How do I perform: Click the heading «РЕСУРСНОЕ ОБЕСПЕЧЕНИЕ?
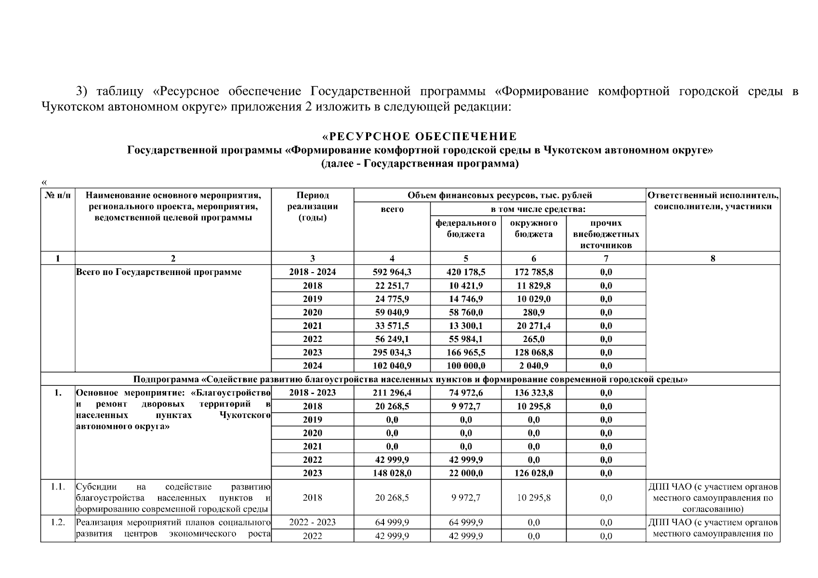420,137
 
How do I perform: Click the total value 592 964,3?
392,272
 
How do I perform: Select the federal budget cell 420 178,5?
465,272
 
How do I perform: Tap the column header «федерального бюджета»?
465,229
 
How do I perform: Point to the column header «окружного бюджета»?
533,229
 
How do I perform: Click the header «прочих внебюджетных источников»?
606,234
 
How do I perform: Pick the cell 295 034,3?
392,353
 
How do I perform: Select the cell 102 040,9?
392,366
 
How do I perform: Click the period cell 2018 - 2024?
312,272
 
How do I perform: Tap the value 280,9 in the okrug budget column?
533,312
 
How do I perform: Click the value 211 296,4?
392,393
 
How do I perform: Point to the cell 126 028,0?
533,473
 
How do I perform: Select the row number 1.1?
58,486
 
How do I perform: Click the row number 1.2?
58,523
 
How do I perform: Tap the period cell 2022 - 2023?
312,523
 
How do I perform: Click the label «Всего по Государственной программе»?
159,273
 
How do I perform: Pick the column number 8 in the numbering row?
712,258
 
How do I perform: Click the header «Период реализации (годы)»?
312,207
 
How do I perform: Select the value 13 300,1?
465,326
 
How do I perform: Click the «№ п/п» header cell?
58,196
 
